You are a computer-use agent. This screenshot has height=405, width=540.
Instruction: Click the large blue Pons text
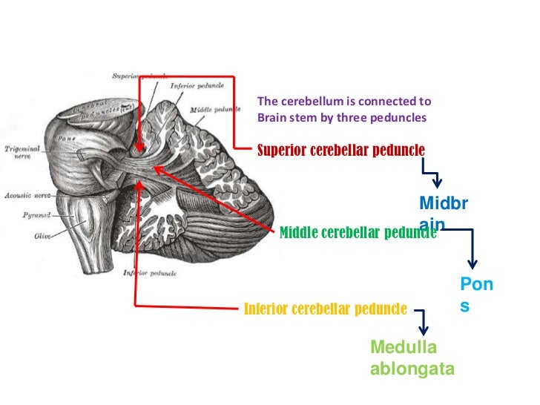[x=477, y=294]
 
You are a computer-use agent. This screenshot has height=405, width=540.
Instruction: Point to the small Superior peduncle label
[x=139, y=76]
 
